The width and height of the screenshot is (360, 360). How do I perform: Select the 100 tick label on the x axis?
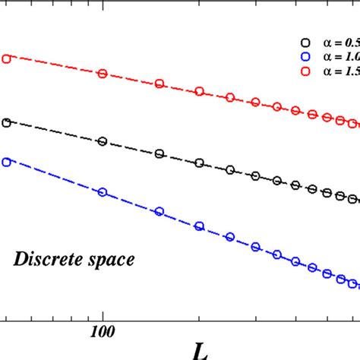[102, 331]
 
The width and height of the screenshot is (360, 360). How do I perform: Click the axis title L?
[200, 349]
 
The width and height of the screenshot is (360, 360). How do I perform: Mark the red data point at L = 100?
[103, 74]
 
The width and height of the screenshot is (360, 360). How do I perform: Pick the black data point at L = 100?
[103, 141]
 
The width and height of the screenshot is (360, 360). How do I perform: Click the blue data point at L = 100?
[103, 192]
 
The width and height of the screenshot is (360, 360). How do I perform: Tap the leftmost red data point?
[6, 58]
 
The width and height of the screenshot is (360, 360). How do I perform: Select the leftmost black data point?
[6, 122]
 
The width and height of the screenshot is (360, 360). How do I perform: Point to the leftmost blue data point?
[6, 162]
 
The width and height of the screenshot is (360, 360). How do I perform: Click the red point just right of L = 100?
[159, 84]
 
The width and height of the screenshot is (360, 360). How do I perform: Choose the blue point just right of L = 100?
[159, 211]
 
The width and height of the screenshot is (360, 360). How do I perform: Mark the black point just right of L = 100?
[159, 153]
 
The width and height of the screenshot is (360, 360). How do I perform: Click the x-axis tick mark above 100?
[102, 314]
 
